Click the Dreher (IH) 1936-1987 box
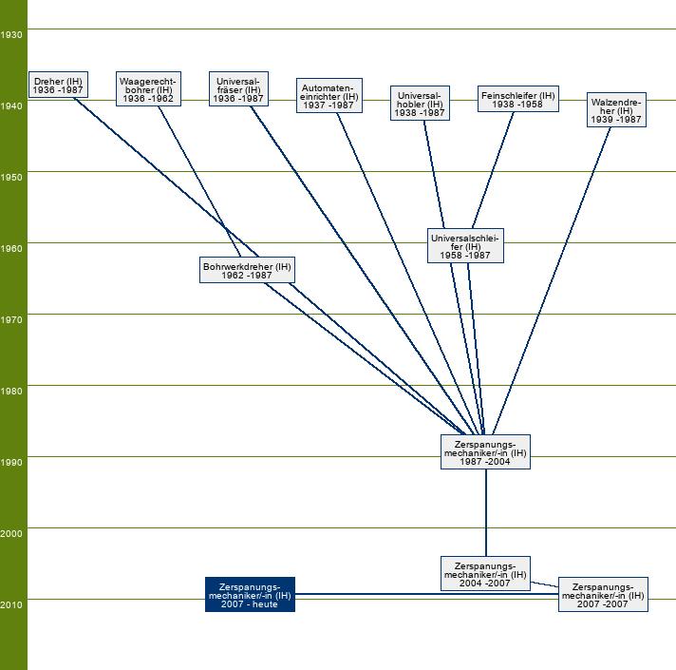click(58, 86)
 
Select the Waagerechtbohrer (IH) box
click(148, 88)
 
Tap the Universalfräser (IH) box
click(238, 88)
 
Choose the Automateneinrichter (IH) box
click(329, 95)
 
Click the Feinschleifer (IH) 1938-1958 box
click(517, 99)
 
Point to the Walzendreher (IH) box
click(616, 110)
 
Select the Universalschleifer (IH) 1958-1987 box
click(465, 245)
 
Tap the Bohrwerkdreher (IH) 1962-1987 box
click(247, 270)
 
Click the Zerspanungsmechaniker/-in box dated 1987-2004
click(485, 452)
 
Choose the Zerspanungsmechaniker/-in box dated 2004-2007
click(485, 573)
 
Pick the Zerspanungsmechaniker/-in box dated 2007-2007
click(603, 594)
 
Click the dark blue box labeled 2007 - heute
click(250, 594)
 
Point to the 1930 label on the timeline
click(12, 34)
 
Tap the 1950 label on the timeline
click(12, 177)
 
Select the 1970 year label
click(12, 319)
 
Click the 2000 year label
click(12, 533)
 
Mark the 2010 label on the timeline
click(12, 604)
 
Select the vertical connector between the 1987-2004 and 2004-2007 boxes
click(486, 513)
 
